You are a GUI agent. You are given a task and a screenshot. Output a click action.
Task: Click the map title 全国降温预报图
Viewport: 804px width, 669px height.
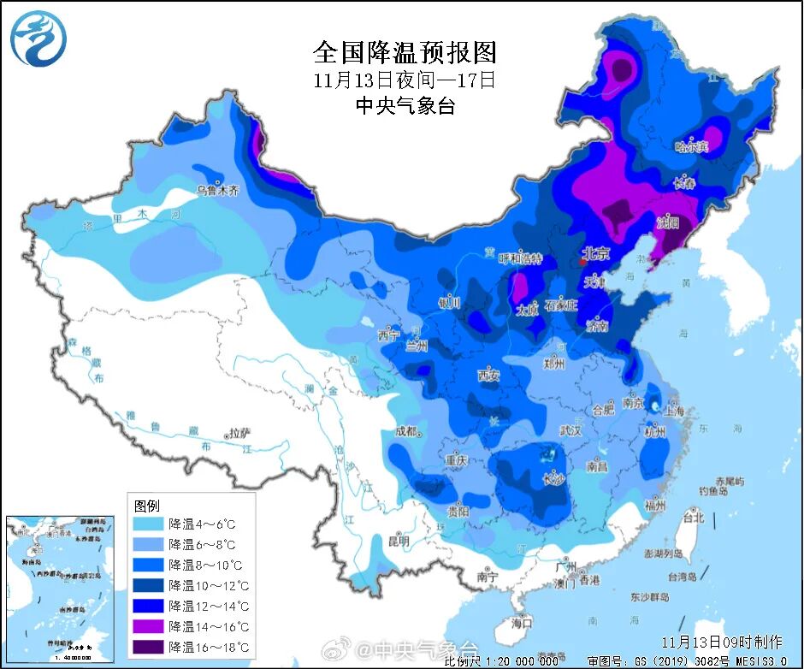(x=405, y=52)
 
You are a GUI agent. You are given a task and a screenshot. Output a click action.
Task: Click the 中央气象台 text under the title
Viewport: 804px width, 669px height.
(x=405, y=106)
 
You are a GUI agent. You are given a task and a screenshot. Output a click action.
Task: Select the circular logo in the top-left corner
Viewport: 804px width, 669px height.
(x=38, y=38)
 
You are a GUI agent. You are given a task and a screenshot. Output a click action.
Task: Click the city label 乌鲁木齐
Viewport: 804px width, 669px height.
(x=217, y=190)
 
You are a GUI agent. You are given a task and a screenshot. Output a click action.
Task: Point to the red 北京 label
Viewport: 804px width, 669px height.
(x=595, y=253)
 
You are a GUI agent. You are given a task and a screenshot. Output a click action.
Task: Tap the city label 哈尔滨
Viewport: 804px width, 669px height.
(x=692, y=147)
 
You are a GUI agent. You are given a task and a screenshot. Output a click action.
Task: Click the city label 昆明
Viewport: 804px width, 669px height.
(x=399, y=541)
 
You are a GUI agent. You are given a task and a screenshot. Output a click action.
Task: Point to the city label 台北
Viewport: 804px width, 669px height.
(x=692, y=518)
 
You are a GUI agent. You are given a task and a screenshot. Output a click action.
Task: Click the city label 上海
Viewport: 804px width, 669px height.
(x=675, y=411)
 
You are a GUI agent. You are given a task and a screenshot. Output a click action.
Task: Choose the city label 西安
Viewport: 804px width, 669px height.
(x=488, y=375)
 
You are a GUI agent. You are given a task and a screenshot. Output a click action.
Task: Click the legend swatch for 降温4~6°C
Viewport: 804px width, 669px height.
(x=148, y=524)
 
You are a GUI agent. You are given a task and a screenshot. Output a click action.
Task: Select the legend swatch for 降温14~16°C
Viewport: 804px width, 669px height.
(x=148, y=626)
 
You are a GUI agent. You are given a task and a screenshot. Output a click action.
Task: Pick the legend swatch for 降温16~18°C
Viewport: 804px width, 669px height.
(x=148, y=647)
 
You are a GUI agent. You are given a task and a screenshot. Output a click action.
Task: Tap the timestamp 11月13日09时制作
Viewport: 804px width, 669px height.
(x=721, y=641)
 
